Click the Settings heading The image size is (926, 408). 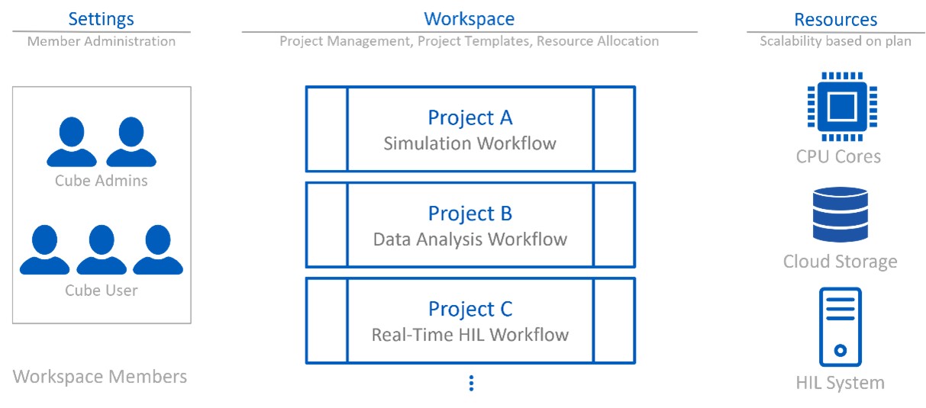[101, 19]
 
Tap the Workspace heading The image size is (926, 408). [469, 19]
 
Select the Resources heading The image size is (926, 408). [835, 19]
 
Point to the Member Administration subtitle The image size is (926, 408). [102, 41]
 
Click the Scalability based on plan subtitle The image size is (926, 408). [835, 41]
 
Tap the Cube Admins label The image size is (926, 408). [102, 181]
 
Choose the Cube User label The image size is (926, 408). [102, 291]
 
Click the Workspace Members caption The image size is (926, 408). [100, 377]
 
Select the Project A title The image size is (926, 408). [470, 117]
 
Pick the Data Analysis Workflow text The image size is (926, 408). [470, 239]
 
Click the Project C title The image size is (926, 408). [470, 309]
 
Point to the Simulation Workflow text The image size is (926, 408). [470, 143]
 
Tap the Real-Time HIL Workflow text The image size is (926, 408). [470, 335]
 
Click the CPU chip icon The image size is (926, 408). [842, 107]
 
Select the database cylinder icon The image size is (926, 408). [840, 215]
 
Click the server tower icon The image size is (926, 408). [840, 327]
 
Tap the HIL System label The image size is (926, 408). [840, 383]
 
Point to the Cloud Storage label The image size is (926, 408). [840, 262]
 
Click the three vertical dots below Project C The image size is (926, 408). [471, 384]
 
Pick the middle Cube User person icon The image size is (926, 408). [102, 250]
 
